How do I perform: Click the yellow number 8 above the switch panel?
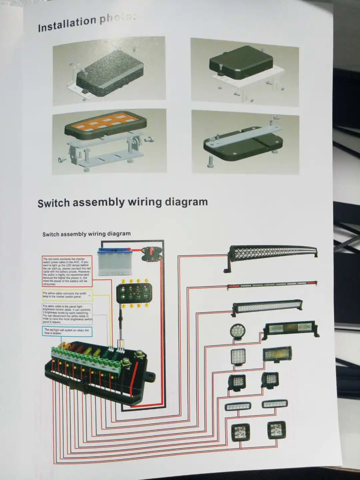click(x=146, y=281)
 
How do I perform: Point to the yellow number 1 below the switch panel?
click(x=123, y=306)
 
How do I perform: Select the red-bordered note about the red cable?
click(x=67, y=271)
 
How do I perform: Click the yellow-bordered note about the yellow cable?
click(x=67, y=295)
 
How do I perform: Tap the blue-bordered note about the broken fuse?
click(x=67, y=331)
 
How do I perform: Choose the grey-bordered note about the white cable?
click(x=67, y=314)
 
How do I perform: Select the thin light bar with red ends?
click(x=272, y=285)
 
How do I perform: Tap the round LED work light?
click(x=237, y=331)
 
